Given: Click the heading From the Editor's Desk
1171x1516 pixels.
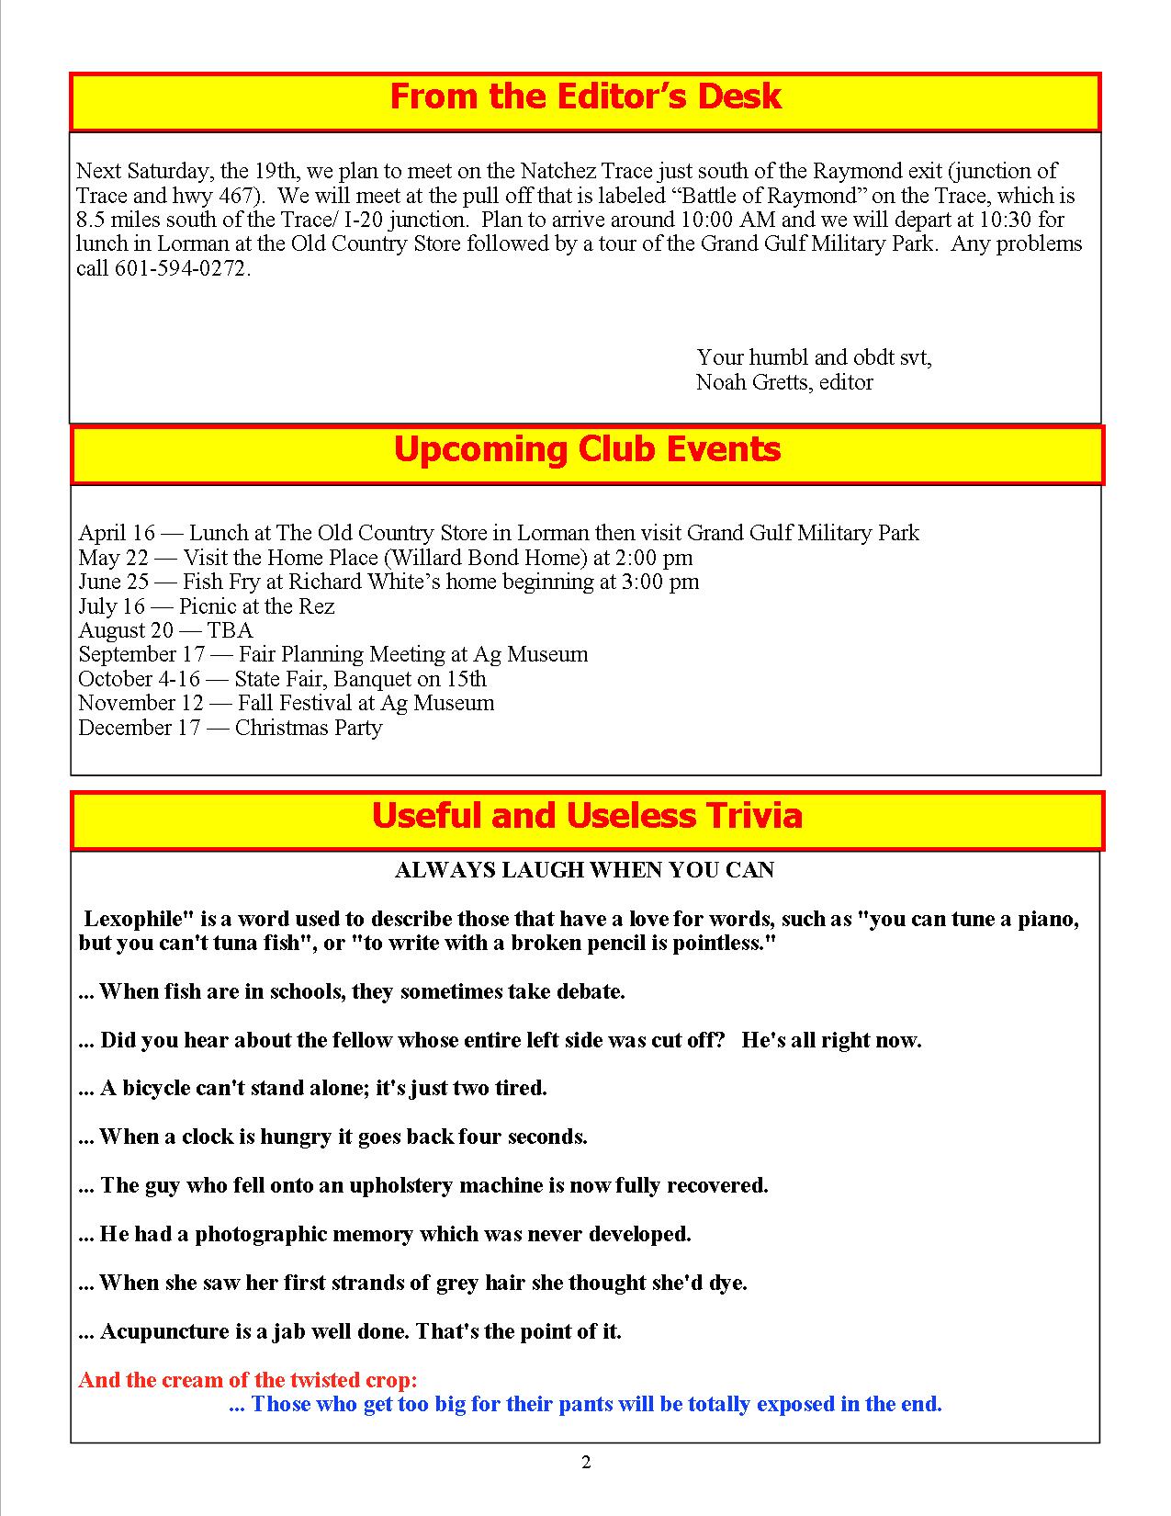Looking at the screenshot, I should click(x=585, y=97).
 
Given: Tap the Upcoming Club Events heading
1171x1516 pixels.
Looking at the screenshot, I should click(x=587, y=450).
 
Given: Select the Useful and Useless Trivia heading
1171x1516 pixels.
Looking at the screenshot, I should click(x=587, y=816).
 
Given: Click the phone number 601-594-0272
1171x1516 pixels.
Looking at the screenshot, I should click(x=181, y=268).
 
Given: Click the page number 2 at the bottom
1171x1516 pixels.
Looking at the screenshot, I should click(x=586, y=1463).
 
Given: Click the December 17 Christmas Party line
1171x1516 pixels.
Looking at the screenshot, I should click(x=230, y=728).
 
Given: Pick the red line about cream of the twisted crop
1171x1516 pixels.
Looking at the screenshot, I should click(x=248, y=1380).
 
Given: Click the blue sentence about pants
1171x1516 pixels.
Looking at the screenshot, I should click(x=585, y=1404).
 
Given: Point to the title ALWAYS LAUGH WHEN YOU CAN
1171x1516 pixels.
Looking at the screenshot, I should click(x=584, y=870).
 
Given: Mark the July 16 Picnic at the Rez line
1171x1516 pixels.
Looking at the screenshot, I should click(x=206, y=606).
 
